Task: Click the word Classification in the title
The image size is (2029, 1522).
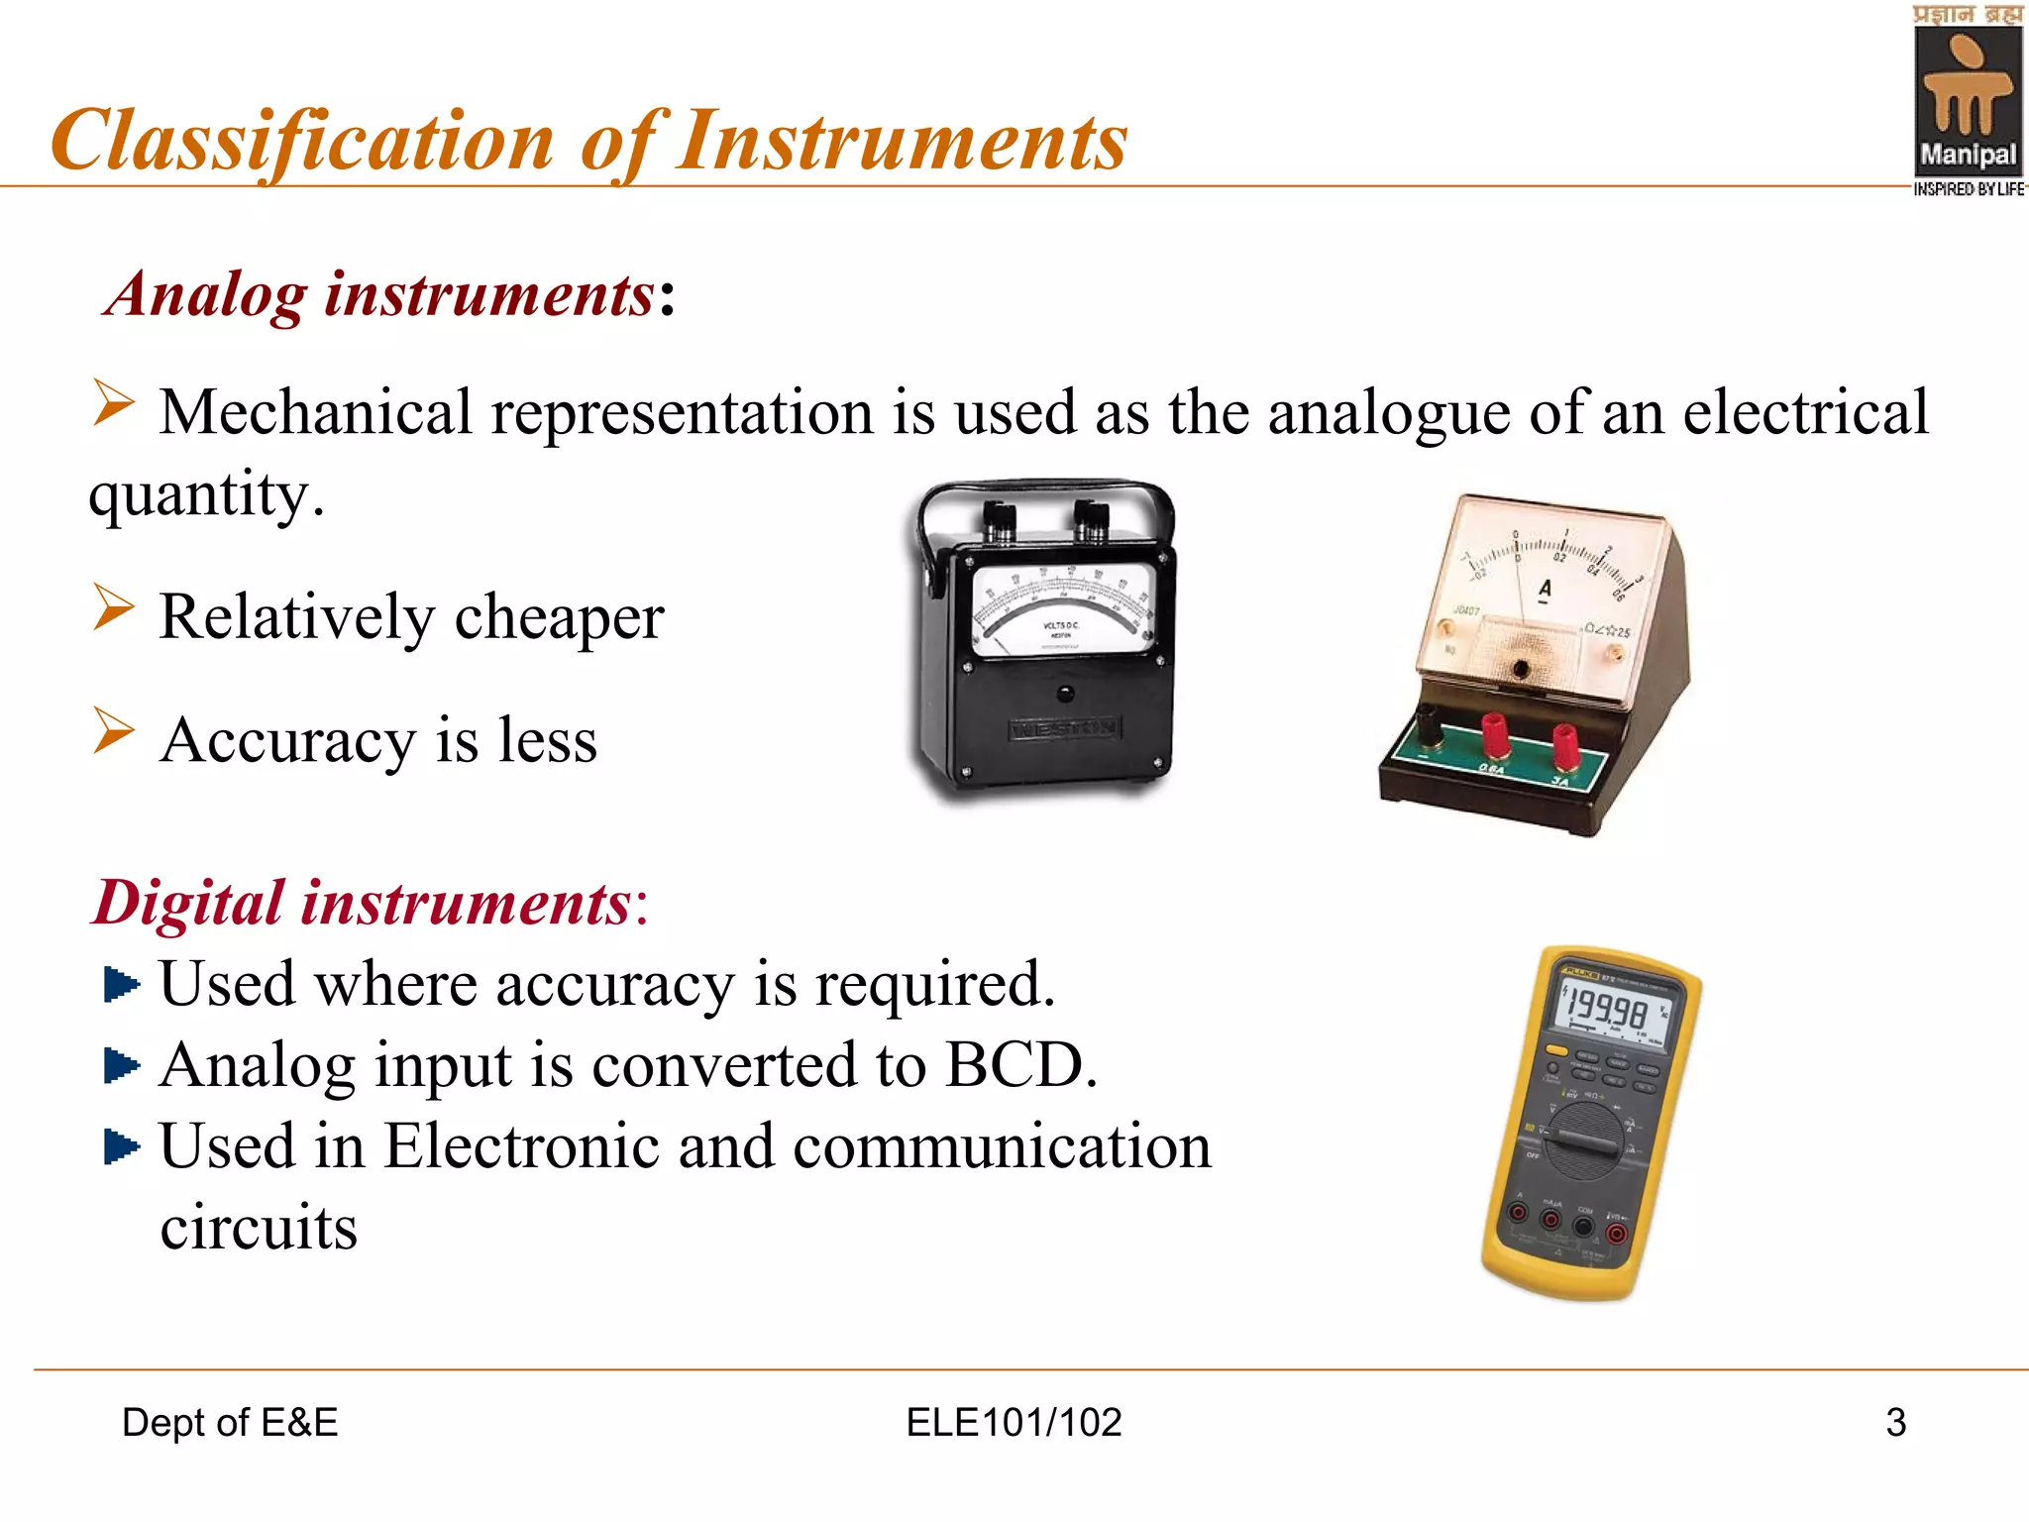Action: pyautogui.click(x=302, y=142)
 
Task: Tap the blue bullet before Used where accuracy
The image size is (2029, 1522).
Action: pyautogui.click(x=121, y=985)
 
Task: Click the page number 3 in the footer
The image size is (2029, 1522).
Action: pyautogui.click(x=1895, y=1423)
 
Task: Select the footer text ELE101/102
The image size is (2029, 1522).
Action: pyautogui.click(x=1014, y=1423)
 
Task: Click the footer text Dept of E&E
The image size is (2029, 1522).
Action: pyautogui.click(x=230, y=1423)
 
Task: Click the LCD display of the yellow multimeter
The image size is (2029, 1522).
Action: pyautogui.click(x=1613, y=1012)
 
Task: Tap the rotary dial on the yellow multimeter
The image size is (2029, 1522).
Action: pyautogui.click(x=1585, y=1140)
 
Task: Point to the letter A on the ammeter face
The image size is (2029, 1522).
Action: pyautogui.click(x=1545, y=590)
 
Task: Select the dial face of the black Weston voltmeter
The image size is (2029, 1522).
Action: pyautogui.click(x=1063, y=609)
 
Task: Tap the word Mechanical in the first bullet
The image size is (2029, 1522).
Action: pyautogui.click(x=315, y=412)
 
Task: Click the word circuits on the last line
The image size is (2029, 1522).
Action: pyautogui.click(x=259, y=1229)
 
